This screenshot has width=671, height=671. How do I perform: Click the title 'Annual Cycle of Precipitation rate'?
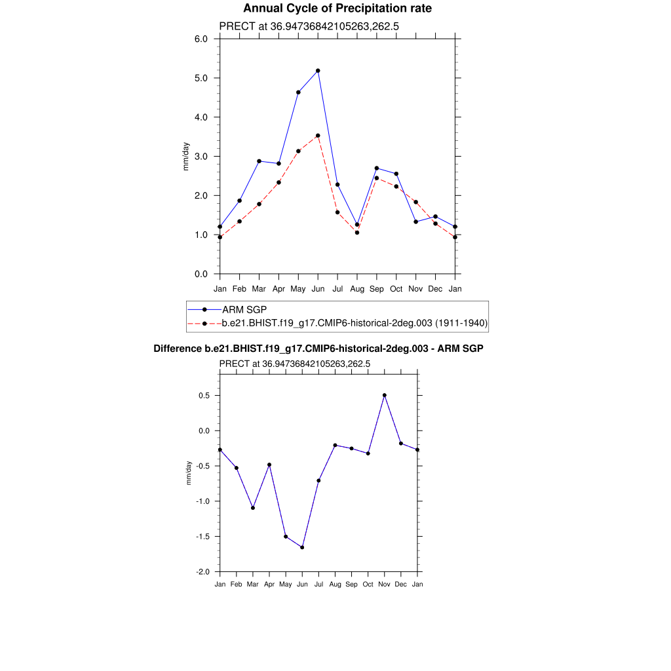tap(337, 9)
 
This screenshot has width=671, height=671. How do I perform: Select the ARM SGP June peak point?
tap(318, 70)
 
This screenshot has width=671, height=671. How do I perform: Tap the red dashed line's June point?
tap(318, 136)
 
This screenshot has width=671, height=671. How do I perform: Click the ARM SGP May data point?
tap(298, 92)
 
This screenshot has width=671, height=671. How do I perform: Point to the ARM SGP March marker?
tap(259, 161)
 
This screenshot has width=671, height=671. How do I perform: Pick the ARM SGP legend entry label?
tap(244, 309)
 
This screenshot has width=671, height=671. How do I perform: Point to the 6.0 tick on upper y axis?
tap(201, 39)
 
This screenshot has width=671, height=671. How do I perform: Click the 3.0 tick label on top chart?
tap(201, 157)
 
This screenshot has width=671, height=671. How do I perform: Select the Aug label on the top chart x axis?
tap(357, 288)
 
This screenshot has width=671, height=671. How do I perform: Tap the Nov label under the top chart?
tap(416, 288)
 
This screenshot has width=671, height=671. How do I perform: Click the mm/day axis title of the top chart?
tap(186, 157)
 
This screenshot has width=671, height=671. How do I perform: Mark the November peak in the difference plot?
tap(385, 395)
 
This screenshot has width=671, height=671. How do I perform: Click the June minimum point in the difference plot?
tap(302, 547)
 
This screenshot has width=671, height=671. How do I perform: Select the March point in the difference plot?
tap(253, 508)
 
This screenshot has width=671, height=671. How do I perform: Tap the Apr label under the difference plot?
tap(269, 584)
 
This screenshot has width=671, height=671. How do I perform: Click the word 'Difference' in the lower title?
tap(174, 349)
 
